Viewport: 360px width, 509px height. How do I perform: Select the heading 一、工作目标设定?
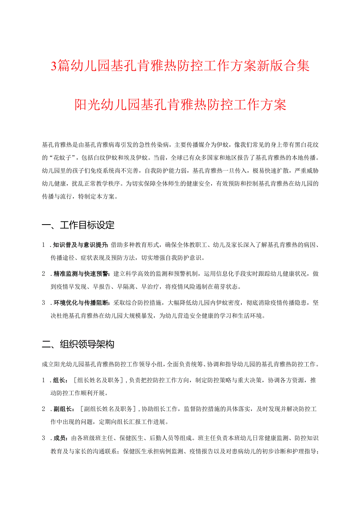pyautogui.click(x=78, y=225)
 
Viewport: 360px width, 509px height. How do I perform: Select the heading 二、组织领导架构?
pyautogui.click(x=78, y=344)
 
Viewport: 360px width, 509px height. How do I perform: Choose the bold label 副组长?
pyautogui.click(x=63, y=409)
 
